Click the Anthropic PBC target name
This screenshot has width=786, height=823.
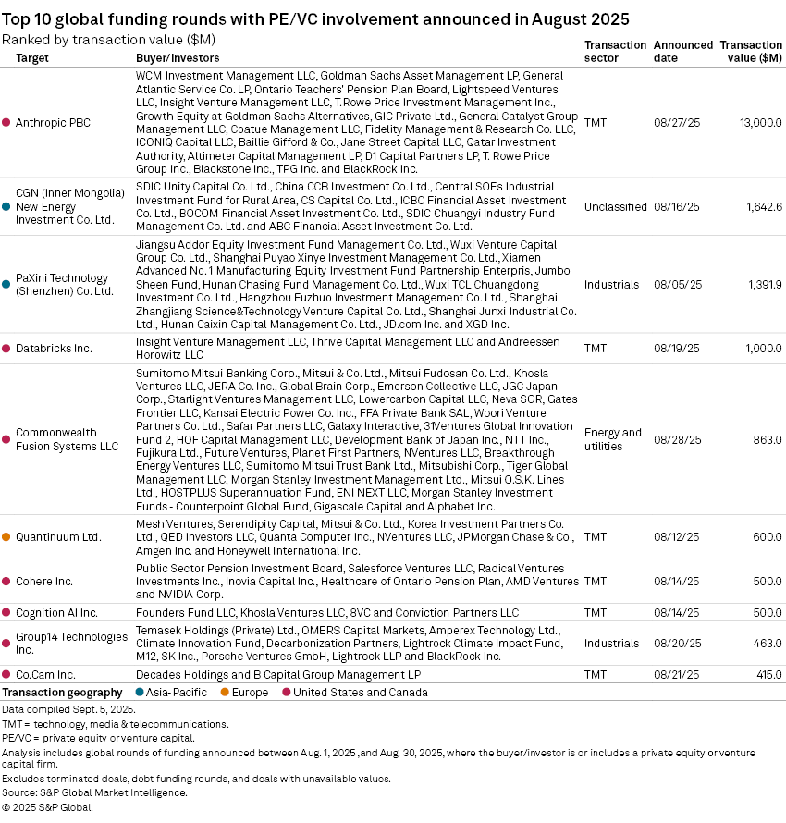(53, 122)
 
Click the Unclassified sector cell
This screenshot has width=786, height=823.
(615, 206)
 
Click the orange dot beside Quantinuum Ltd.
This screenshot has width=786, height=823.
(6, 536)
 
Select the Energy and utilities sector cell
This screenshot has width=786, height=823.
(612, 439)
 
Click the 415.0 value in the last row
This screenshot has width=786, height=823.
(768, 675)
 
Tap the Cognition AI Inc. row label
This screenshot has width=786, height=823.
(56, 613)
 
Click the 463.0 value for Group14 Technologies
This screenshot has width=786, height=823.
(768, 644)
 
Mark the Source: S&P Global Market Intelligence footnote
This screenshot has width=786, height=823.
(94, 792)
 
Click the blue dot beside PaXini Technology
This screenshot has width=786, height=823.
(6, 284)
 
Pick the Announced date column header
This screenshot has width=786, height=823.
(682, 51)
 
